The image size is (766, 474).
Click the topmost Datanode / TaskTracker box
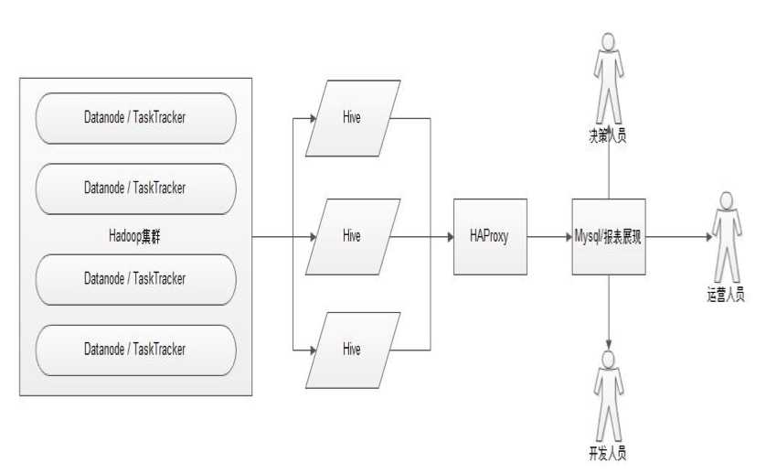coord(135,117)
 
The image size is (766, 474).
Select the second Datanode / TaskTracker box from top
coord(135,188)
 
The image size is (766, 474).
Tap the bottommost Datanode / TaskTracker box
coord(135,349)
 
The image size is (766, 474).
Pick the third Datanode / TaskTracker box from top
coord(135,277)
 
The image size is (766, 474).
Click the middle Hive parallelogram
coord(352,236)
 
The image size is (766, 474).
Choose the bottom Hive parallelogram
coord(352,349)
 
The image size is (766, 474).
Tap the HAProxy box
coord(491,236)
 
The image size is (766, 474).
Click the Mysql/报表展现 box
coord(609,236)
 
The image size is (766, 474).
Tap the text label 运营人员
coord(726,294)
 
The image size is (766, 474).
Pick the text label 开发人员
coord(608,453)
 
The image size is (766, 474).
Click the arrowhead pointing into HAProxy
coord(450,236)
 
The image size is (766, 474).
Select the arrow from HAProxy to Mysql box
coord(549,236)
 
